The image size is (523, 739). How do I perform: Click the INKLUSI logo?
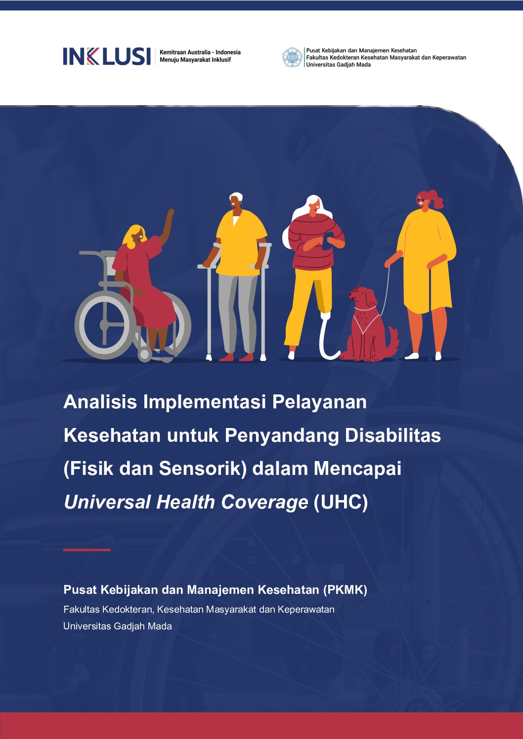[x=107, y=56]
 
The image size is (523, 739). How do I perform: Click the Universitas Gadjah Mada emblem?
[x=292, y=57]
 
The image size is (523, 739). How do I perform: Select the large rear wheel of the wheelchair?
[x=105, y=325]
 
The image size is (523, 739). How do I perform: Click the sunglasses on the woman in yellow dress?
[x=421, y=200]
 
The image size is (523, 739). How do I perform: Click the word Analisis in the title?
[x=100, y=402]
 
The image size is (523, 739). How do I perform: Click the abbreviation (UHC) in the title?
[x=341, y=502]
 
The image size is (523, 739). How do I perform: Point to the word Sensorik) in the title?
[x=203, y=469]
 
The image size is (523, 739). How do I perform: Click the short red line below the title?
[x=87, y=550]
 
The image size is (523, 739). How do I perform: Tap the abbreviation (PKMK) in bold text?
[x=345, y=590]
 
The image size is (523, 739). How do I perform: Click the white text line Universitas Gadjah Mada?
[x=118, y=626]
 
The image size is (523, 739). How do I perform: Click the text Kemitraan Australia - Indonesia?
[x=200, y=52]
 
